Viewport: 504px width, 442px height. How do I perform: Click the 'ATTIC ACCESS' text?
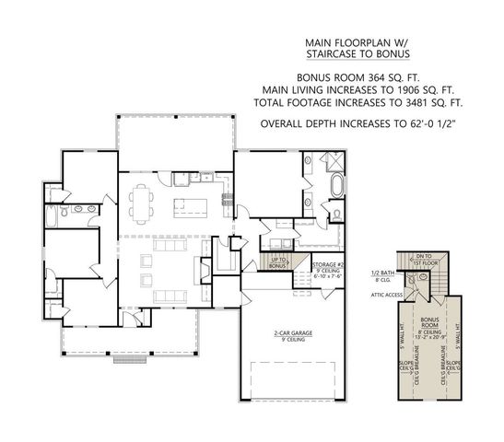click(386, 295)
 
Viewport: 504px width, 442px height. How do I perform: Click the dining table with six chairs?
click(144, 201)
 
